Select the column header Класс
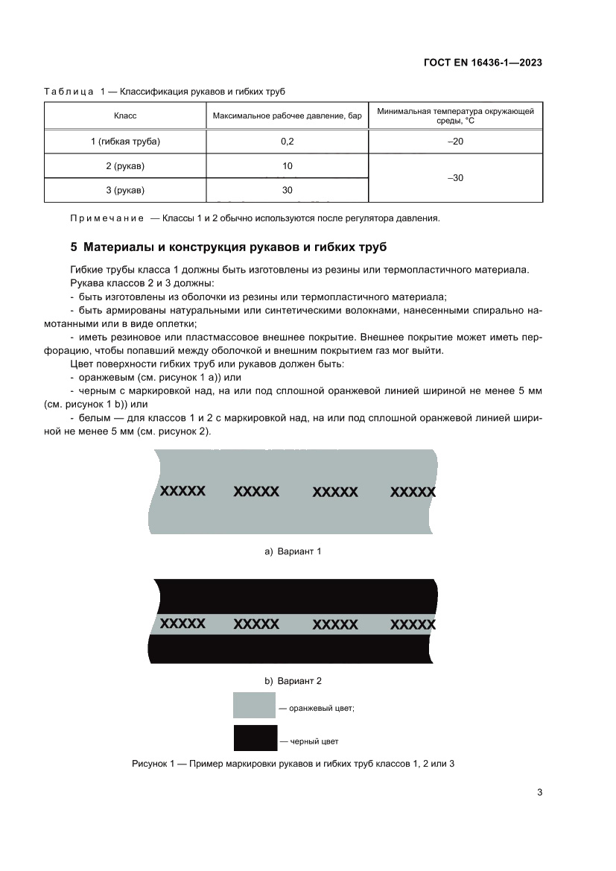(x=124, y=116)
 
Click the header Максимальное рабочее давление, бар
(x=287, y=116)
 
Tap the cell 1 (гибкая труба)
(x=124, y=141)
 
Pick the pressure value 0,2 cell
(x=287, y=141)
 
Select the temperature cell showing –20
(x=455, y=141)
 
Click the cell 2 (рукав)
(x=124, y=165)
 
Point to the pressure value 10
(x=287, y=165)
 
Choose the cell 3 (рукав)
(x=124, y=190)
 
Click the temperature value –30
(x=455, y=178)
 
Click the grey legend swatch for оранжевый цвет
(x=254, y=705)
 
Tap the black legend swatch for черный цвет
(x=254, y=738)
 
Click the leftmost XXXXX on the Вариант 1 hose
(x=182, y=491)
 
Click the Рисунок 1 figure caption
(x=293, y=764)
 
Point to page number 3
(x=539, y=792)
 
